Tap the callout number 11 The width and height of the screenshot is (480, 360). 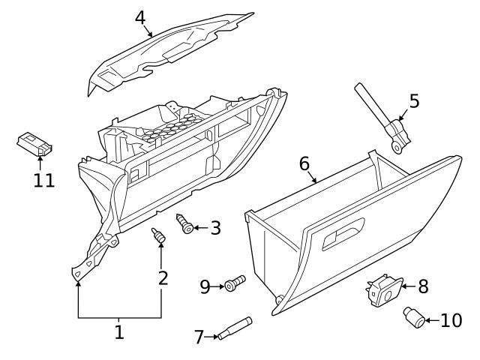tap(44, 180)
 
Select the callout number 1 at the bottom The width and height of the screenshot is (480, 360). tap(119, 332)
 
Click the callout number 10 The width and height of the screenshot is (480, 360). tap(451, 320)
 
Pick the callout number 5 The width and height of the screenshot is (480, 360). tap(414, 100)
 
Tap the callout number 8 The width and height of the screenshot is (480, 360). tap(423, 286)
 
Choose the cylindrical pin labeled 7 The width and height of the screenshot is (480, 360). tap(234, 328)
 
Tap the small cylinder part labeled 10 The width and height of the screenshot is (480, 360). tap(413, 316)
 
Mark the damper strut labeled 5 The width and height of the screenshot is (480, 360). tap(381, 118)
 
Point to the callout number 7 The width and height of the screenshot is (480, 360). tap(199, 337)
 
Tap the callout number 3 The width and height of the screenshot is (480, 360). tap(215, 227)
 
